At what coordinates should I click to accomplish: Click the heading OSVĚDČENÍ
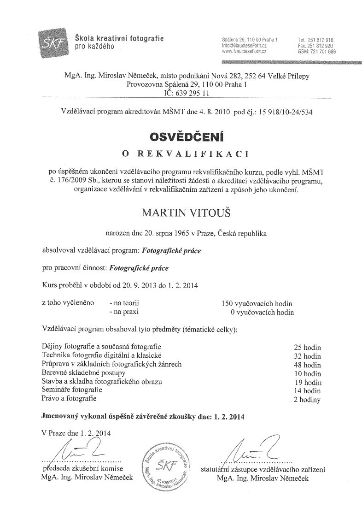pyautogui.click(x=181, y=137)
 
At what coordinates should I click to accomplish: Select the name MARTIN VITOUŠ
pyautogui.click(x=181, y=214)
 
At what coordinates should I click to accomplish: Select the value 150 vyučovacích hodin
pyautogui.click(x=257, y=303)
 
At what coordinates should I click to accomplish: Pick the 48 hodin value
pyautogui.click(x=307, y=364)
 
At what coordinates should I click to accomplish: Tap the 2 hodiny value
pyautogui.click(x=306, y=399)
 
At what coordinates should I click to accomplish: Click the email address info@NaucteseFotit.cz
pyautogui.click(x=244, y=46)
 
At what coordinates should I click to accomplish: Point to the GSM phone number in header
pyautogui.click(x=317, y=52)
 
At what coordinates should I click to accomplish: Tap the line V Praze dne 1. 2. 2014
pyautogui.click(x=76, y=433)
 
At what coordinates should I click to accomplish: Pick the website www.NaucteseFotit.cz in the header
pyautogui.click(x=244, y=52)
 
